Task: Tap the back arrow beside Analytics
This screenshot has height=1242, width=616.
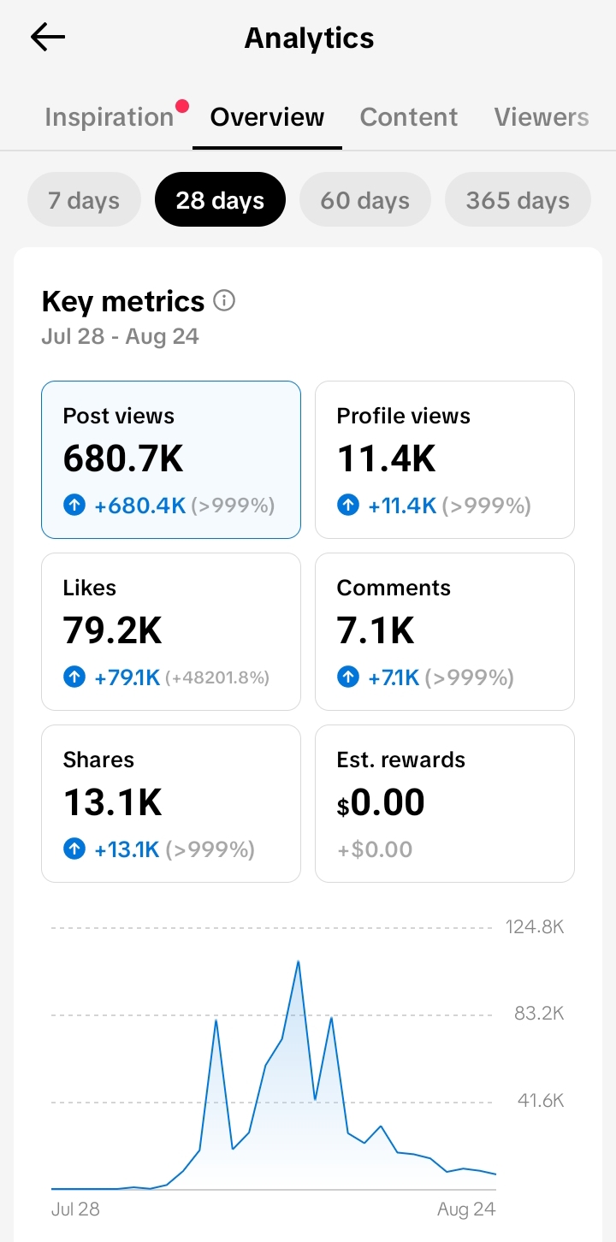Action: click(48, 37)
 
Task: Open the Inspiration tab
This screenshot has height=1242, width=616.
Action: click(110, 117)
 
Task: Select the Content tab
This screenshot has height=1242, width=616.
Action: click(409, 117)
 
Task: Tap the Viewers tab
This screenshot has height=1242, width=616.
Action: click(542, 117)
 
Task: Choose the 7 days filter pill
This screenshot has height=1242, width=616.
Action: click(84, 199)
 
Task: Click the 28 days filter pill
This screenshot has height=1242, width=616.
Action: click(220, 199)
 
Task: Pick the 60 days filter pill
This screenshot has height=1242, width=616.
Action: click(364, 199)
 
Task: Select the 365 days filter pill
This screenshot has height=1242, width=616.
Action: click(518, 199)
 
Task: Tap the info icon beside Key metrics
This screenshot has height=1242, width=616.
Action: click(224, 301)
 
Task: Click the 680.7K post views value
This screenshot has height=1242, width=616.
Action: click(123, 458)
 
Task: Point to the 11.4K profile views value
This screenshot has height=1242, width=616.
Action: click(387, 458)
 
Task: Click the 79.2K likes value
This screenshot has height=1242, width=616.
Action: click(113, 630)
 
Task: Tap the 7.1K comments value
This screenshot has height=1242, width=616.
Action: click(376, 630)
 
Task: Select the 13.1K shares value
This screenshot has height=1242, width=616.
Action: click(113, 802)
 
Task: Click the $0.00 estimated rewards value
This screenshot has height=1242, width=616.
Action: click(381, 802)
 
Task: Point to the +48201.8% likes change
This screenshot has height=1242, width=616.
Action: click(217, 677)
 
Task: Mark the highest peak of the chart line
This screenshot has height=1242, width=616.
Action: click(299, 961)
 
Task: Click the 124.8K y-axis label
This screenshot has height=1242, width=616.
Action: click(535, 927)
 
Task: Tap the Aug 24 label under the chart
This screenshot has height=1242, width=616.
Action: click(466, 1209)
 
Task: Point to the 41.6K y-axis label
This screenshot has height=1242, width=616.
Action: click(541, 1100)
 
